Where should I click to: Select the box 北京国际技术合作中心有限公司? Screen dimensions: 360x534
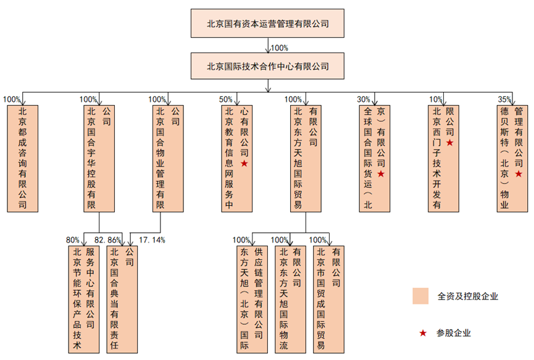click(x=267, y=66)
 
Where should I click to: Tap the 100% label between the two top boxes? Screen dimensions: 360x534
click(x=280, y=48)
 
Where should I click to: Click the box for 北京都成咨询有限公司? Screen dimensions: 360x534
click(x=22, y=158)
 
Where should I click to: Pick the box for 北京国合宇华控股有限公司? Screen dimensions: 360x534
click(x=99, y=158)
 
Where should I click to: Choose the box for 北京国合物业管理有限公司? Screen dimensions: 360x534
click(x=168, y=158)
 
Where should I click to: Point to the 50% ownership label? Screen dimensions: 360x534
click(x=225, y=99)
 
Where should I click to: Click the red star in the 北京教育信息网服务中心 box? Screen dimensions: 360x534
click(x=244, y=164)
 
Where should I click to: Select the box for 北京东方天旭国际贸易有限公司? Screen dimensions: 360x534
click(x=305, y=158)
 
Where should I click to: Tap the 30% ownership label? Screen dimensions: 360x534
click(x=364, y=99)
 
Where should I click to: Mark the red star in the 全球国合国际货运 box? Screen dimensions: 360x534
click(x=381, y=174)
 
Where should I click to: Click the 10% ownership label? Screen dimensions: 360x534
click(x=436, y=99)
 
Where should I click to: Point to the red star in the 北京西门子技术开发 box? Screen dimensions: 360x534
click(x=450, y=143)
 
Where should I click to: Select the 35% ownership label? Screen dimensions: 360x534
click(x=504, y=99)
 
